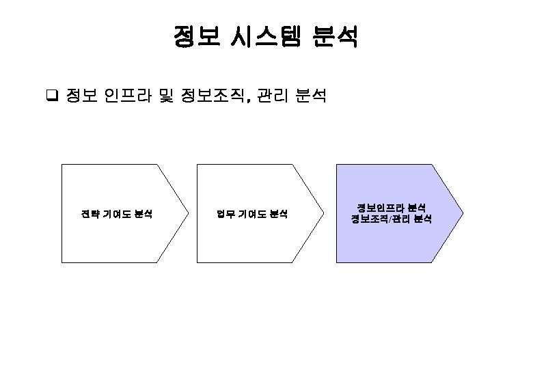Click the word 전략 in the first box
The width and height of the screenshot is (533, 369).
(x=90, y=214)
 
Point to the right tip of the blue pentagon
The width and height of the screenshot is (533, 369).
(x=463, y=213)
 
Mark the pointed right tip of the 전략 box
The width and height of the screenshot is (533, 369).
(x=187, y=213)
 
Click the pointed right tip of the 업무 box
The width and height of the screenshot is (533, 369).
(x=323, y=213)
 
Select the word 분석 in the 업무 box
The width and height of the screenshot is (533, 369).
(x=278, y=214)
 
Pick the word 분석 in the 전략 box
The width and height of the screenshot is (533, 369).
(x=142, y=214)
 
